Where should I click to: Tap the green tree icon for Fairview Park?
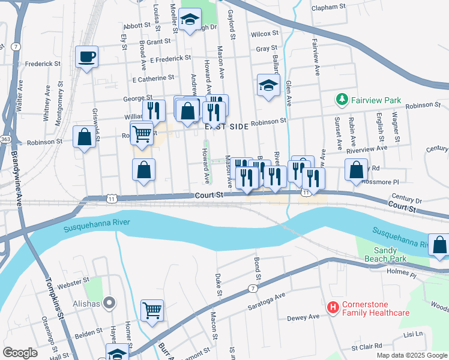[x=342, y=98]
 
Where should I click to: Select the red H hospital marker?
[x=333, y=308]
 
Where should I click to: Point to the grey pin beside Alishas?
[x=109, y=302]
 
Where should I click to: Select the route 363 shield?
[x=5, y=139]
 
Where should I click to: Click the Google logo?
[x=20, y=352]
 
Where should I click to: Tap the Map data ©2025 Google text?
[x=411, y=355]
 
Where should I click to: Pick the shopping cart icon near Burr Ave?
[x=152, y=311]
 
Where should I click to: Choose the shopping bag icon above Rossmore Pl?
[x=357, y=170]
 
